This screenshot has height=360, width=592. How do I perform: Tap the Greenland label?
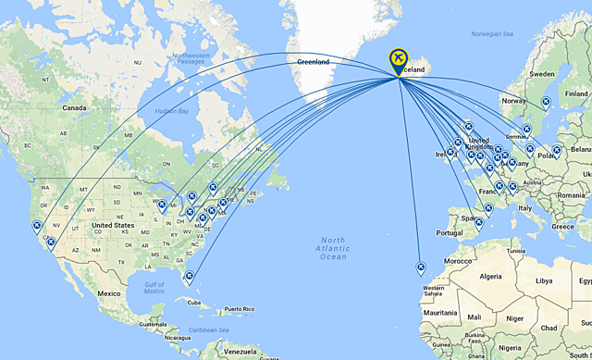313,61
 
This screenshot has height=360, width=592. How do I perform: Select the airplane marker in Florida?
188,276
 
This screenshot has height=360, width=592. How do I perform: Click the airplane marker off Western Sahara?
421,267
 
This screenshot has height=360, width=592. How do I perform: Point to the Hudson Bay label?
171,111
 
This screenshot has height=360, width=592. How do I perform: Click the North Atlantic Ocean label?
332,248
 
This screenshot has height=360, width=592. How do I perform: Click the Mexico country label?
110,293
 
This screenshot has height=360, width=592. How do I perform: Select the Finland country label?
576,93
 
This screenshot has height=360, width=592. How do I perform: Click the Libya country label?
544,280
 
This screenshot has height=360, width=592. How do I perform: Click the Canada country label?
73,108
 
